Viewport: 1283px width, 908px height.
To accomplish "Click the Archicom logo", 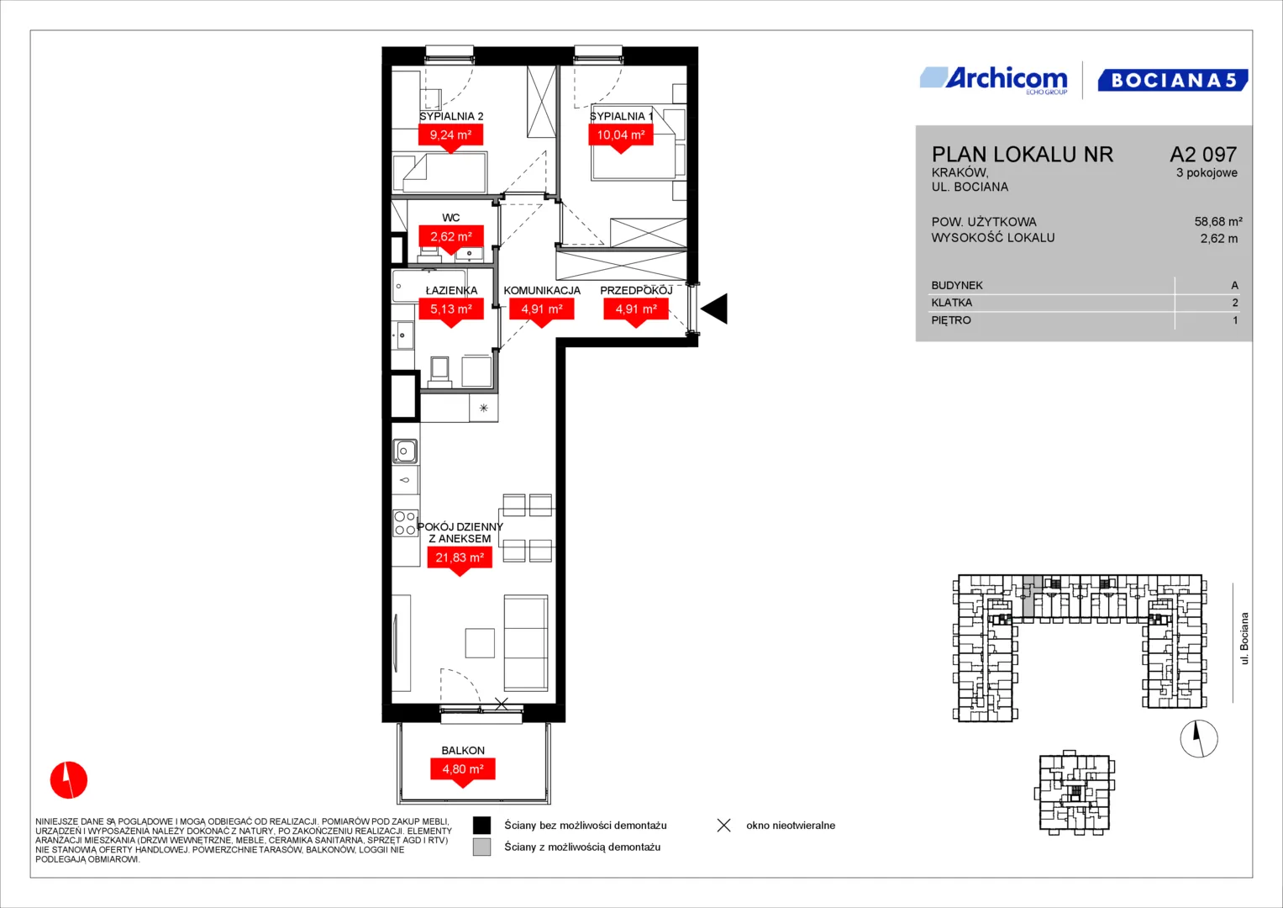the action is (994, 81).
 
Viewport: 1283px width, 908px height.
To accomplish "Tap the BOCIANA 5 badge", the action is (1172, 80).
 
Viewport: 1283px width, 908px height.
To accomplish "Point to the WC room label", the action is (450, 217).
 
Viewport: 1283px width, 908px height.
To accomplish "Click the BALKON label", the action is (463, 750).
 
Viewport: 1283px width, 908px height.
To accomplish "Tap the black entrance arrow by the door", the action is (714, 309).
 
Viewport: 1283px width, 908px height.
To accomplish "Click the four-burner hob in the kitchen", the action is (405, 523).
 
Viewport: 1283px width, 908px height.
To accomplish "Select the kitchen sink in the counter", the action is (404, 451).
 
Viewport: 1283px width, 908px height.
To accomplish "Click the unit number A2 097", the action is (1203, 154).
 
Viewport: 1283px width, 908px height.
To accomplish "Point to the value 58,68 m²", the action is (1218, 221).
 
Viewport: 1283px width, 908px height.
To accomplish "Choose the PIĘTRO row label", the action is (951, 320).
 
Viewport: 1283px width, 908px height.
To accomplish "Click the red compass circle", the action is (69, 780).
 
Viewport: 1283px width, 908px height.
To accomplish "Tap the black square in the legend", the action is (481, 826).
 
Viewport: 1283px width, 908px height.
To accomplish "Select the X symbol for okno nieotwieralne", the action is (724, 826).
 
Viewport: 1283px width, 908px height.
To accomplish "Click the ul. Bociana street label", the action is (1244, 639).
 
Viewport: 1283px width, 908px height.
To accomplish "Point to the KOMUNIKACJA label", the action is (542, 291).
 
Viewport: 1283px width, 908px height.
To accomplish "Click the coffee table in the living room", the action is (480, 643).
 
